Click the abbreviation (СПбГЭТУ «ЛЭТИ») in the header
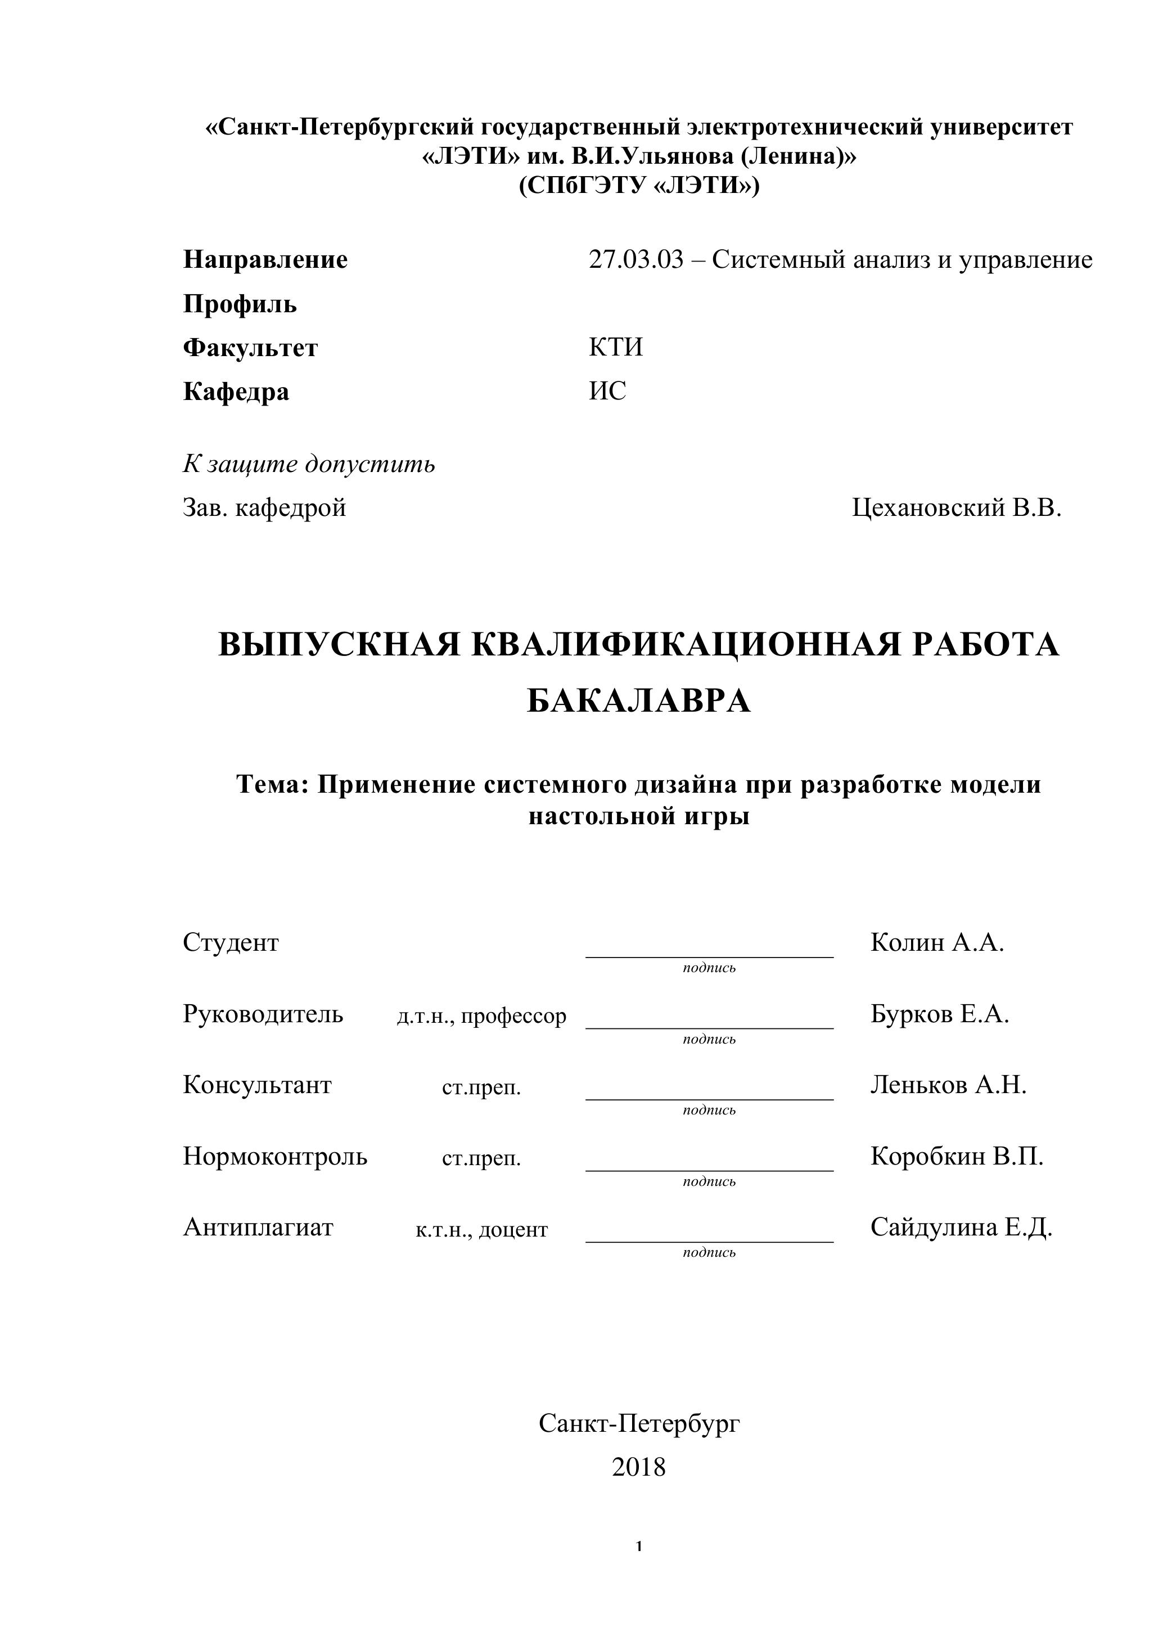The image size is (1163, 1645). click(638, 186)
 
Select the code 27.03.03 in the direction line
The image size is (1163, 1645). click(636, 259)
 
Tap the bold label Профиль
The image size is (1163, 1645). click(240, 304)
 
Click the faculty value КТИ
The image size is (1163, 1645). click(616, 348)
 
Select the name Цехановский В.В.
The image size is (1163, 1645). click(956, 508)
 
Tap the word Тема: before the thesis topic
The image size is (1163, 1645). click(272, 785)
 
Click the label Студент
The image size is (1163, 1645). click(231, 942)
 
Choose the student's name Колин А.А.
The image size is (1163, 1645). click(937, 942)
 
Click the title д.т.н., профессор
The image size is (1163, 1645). click(481, 1016)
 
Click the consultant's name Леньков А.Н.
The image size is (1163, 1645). click(948, 1085)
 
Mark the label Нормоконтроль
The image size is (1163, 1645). click(275, 1156)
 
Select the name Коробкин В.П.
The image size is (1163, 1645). click(957, 1156)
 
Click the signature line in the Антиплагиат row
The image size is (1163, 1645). click(709, 1241)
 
